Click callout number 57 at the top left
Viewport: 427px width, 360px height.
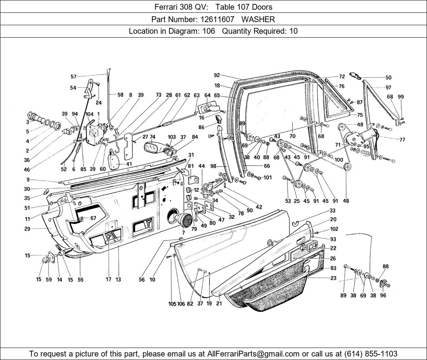[x=73, y=76]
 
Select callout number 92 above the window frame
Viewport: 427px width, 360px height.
[x=217, y=75]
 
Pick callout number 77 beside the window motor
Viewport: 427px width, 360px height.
[x=402, y=140]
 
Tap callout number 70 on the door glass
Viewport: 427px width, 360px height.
[x=292, y=136]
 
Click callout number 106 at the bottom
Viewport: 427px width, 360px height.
[x=181, y=304]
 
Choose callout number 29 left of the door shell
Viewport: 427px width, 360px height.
[x=38, y=229]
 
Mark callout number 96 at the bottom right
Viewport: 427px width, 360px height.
[x=383, y=295]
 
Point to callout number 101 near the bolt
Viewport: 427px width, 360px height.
[x=267, y=178]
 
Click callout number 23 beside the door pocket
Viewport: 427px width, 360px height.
[x=333, y=278]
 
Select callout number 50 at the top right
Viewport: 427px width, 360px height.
[x=388, y=78]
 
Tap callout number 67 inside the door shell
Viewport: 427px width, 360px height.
[x=93, y=218]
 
